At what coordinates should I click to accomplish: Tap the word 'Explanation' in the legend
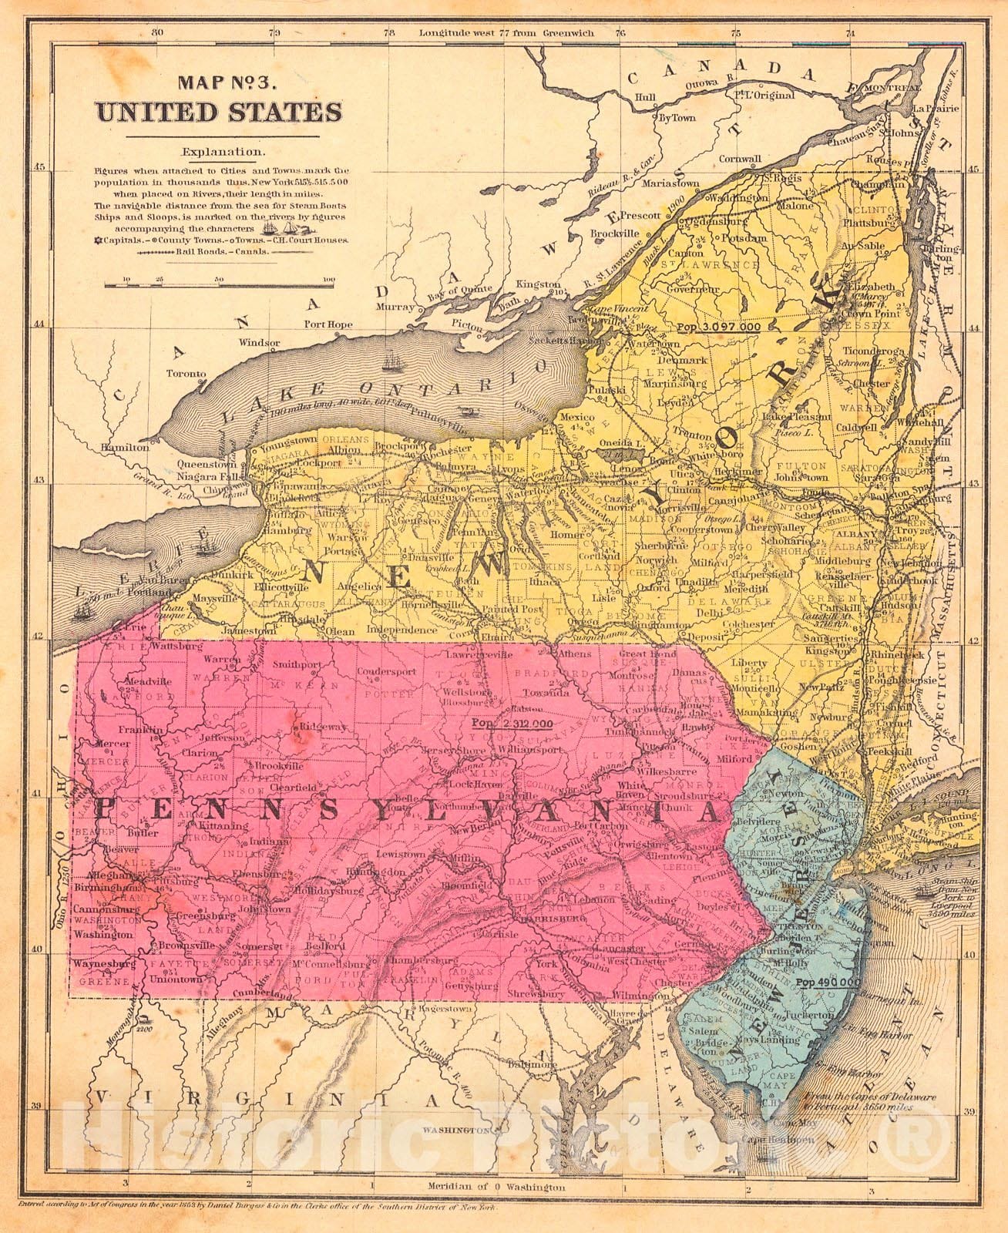coord(218,153)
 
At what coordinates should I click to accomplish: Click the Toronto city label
coord(187,374)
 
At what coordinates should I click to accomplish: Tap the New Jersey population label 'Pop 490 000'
coord(828,983)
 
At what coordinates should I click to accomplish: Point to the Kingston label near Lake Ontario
coord(538,284)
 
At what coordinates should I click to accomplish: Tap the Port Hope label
coord(329,324)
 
